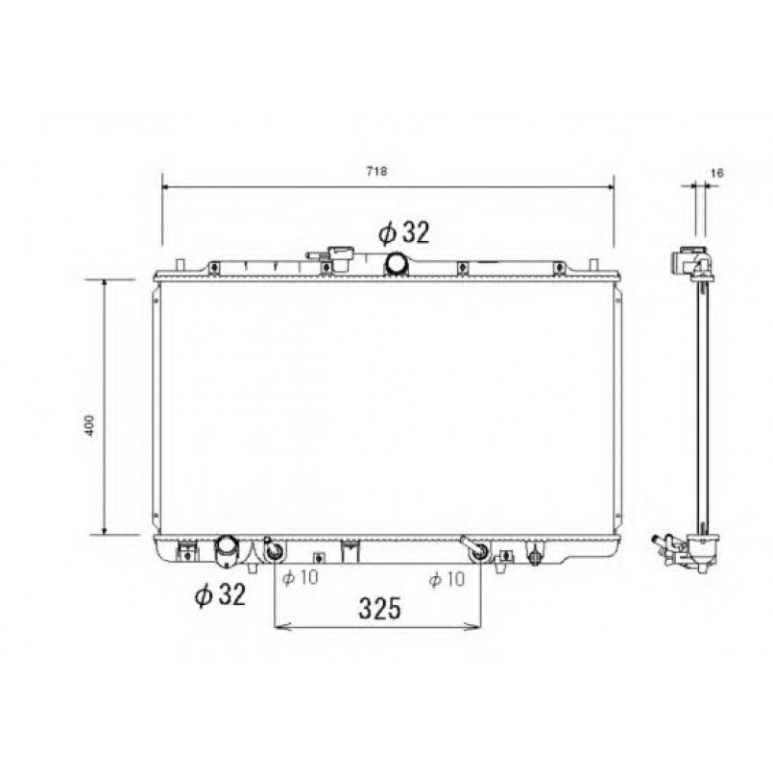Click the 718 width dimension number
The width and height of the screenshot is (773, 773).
[376, 171]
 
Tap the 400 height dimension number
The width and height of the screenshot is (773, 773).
[89, 425]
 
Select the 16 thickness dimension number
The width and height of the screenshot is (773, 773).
[716, 173]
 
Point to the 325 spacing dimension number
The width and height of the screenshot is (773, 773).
[379, 609]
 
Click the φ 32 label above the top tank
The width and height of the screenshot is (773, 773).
[404, 232]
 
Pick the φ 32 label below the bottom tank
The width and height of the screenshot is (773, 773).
[220, 594]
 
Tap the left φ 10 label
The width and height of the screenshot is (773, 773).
[301, 577]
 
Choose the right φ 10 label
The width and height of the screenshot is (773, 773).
[447, 579]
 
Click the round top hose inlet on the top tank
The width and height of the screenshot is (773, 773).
[397, 264]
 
